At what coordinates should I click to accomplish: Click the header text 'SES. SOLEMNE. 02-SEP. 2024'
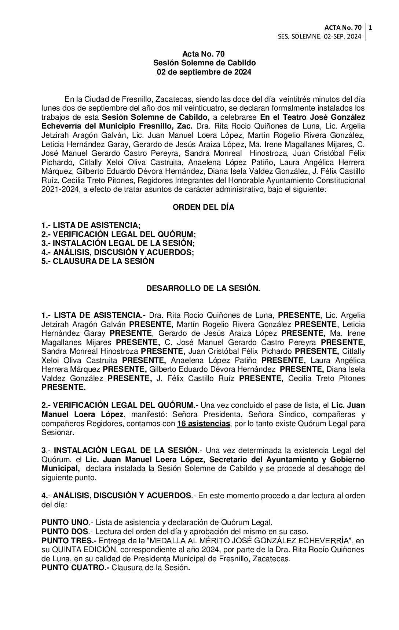pyautogui.click(x=320, y=36)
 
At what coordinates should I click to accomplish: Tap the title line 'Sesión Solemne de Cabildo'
pyautogui.click(x=204, y=63)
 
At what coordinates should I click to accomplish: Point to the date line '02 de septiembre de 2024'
pyautogui.click(x=204, y=72)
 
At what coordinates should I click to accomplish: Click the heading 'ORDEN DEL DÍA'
pyautogui.click(x=203, y=207)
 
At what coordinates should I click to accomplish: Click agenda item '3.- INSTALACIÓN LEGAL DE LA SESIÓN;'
pyautogui.click(x=118, y=243)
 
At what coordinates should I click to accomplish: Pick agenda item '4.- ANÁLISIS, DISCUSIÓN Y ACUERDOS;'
pyautogui.click(x=117, y=252)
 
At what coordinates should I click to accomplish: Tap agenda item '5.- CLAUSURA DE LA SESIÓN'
pyautogui.click(x=98, y=261)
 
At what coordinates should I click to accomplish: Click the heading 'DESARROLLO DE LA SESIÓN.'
pyautogui.click(x=203, y=288)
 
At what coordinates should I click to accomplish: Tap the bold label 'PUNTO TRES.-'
pyautogui.click(x=69, y=541)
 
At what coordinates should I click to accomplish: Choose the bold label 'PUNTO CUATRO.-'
pyautogui.click(x=75, y=568)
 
